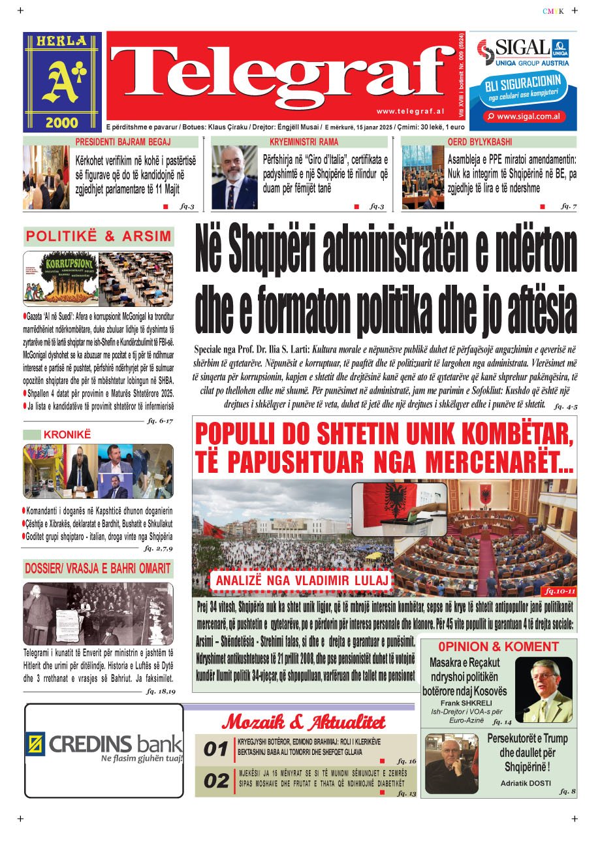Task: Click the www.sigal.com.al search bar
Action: (522, 116)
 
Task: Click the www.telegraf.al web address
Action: (410, 112)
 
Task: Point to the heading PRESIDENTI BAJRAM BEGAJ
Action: (123, 142)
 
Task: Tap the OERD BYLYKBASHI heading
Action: (480, 142)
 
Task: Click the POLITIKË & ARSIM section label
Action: (99, 236)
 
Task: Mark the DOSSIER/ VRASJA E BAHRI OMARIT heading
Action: (98, 568)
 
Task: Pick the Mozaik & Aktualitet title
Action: (304, 722)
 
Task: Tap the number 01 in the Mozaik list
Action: (215, 749)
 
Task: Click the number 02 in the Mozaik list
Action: (215, 781)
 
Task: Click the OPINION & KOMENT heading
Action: (499, 647)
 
